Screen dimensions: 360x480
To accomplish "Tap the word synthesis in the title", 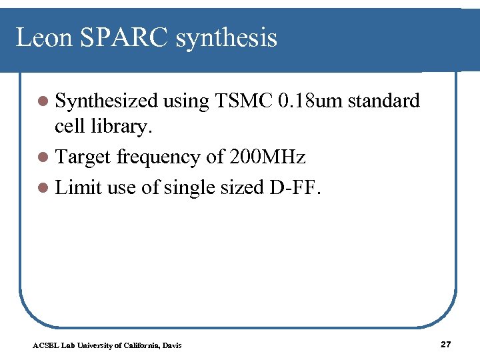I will click(227, 38).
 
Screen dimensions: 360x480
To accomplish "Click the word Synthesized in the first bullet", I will click(106, 101).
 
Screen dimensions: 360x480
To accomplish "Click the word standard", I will click(384, 101).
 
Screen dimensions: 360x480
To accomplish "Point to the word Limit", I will click(79, 187).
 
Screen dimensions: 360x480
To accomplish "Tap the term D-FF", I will click(294, 187).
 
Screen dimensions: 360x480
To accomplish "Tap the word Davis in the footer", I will click(171, 345).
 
